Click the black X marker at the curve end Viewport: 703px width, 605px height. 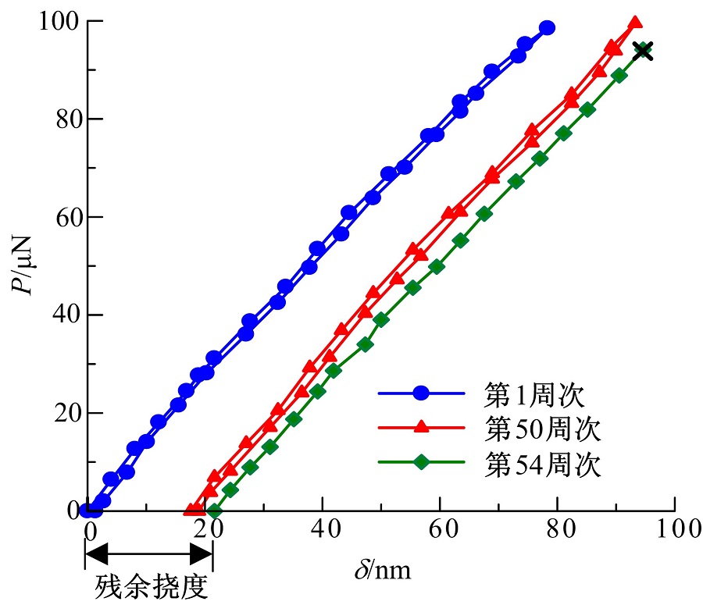tap(642, 52)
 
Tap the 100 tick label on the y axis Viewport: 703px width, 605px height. tap(57, 22)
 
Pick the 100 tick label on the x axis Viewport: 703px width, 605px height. tap(673, 528)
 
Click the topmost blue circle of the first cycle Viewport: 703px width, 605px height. tap(547, 28)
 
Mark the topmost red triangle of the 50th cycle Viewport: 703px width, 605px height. tap(635, 23)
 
